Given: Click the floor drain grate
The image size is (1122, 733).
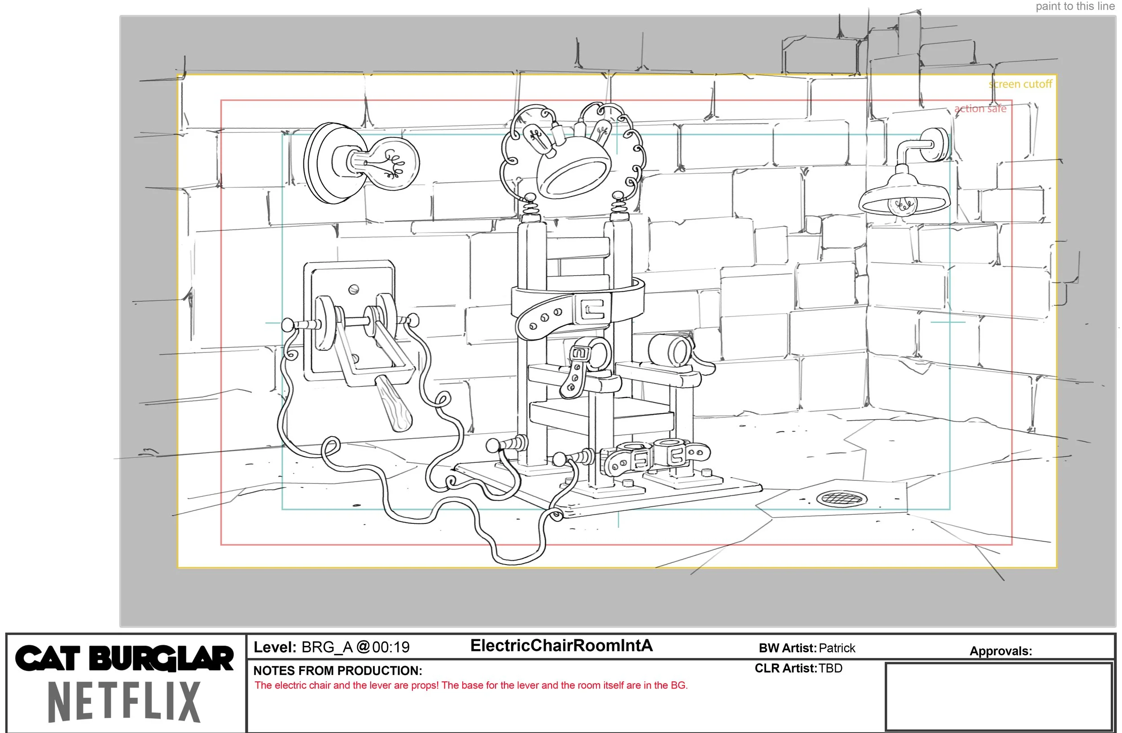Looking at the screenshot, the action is pyautogui.click(x=841, y=498).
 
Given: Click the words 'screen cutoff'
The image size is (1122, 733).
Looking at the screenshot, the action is pyautogui.click(x=1020, y=84).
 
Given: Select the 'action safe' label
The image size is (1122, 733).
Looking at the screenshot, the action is pyautogui.click(x=980, y=109).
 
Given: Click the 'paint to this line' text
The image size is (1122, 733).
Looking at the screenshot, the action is pyautogui.click(x=1075, y=7).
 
